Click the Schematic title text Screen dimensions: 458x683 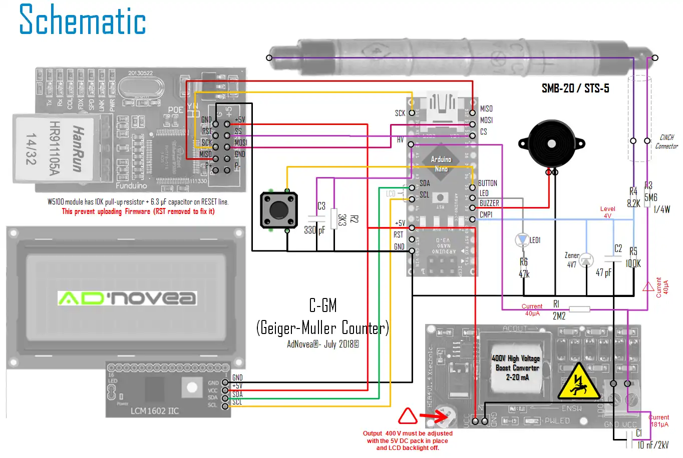click(83, 20)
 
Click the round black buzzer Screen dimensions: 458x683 click(551, 144)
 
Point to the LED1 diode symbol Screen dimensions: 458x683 click(522, 240)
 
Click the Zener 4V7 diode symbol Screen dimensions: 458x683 click(586, 260)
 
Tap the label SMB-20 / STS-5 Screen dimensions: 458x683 click(575, 88)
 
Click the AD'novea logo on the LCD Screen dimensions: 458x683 click(127, 298)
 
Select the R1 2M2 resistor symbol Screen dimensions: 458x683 click(579, 309)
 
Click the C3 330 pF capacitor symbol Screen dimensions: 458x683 click(316, 218)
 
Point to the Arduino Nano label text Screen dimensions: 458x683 click(441, 163)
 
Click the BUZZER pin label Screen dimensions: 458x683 click(489, 203)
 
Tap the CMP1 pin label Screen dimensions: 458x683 click(486, 214)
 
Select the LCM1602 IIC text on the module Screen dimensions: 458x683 click(155, 411)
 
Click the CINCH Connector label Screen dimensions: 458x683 click(666, 141)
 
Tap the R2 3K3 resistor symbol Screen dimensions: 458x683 click(334, 218)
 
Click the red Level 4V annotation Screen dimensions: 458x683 click(607, 212)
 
